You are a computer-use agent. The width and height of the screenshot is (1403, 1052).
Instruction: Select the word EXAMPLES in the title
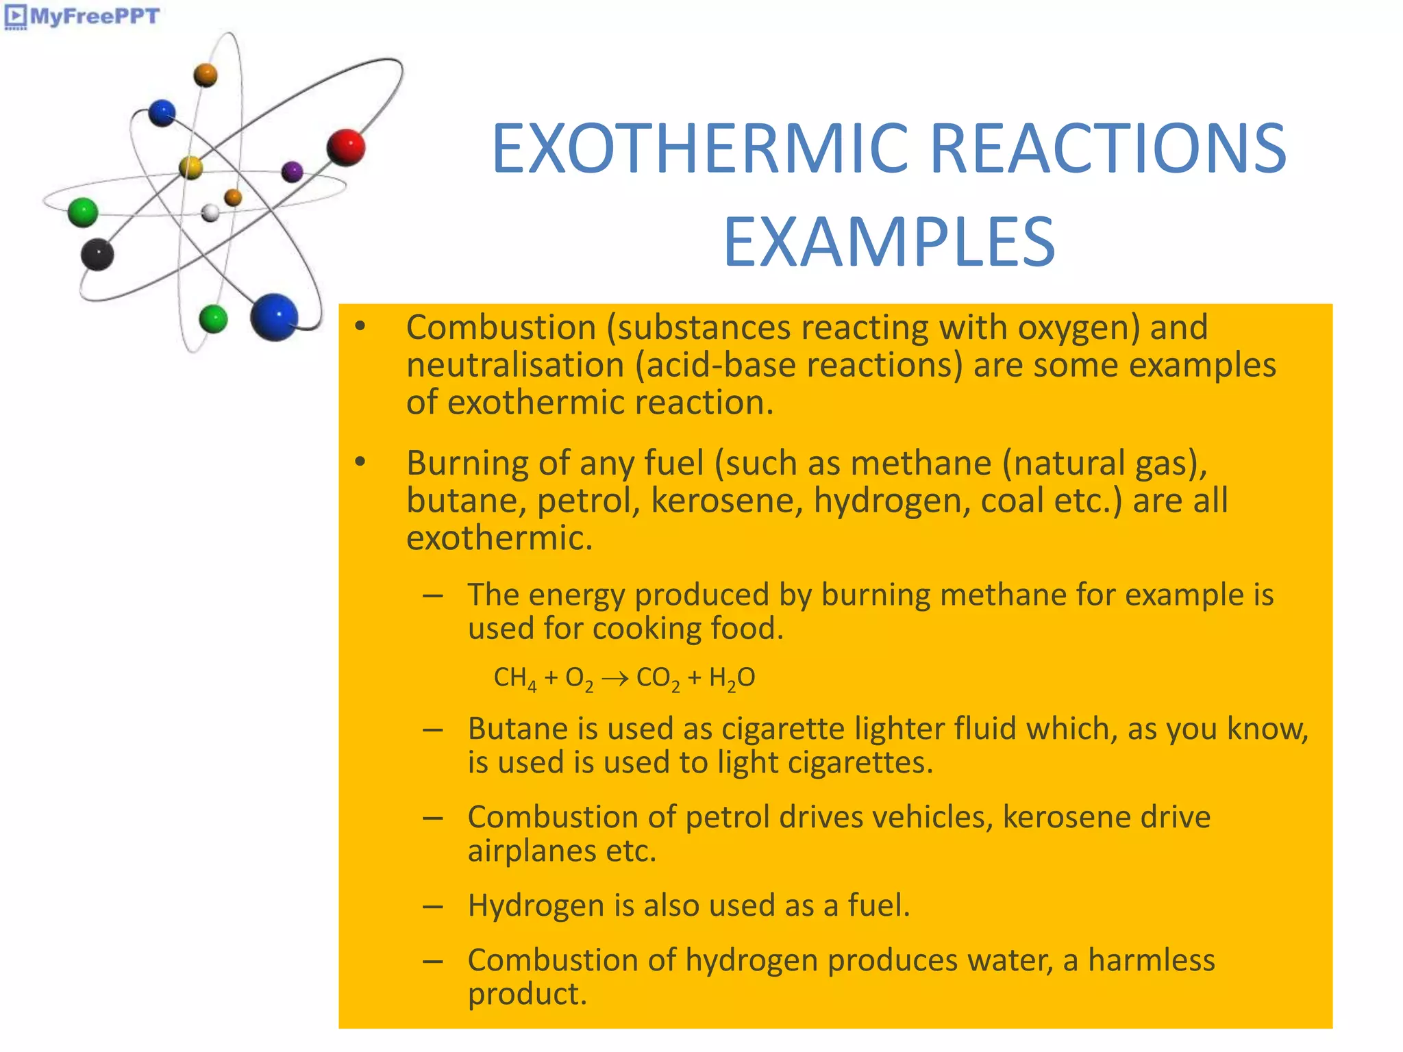point(889,242)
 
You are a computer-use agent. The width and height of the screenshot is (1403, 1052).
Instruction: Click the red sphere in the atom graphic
point(346,147)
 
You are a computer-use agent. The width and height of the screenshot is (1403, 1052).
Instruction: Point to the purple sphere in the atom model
point(293,171)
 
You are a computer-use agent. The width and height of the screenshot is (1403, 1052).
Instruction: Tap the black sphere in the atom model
point(97,255)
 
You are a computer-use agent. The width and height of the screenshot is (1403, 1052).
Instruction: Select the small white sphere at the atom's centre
point(210,213)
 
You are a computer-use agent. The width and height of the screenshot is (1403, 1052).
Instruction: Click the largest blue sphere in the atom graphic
point(274,317)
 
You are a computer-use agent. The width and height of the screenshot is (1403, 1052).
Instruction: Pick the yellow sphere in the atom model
point(190,167)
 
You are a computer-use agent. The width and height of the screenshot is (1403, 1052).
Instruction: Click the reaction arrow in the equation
point(614,679)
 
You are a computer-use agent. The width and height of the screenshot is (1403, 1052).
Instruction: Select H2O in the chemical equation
point(732,679)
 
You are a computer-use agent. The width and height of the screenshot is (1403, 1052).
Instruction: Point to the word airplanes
point(532,851)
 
